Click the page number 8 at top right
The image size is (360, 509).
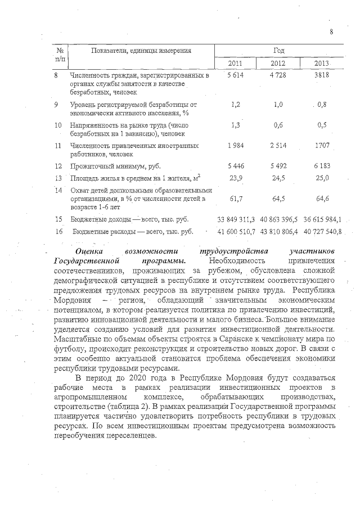point(332,31)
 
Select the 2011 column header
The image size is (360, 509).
point(236,62)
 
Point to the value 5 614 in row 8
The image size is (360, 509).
point(236,75)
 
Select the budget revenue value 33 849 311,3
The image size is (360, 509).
point(236,219)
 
